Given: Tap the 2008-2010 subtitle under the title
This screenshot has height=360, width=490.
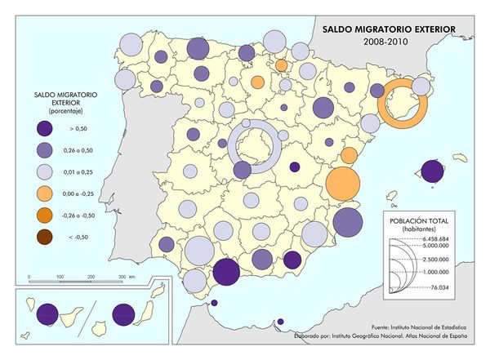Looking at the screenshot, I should coord(387,41).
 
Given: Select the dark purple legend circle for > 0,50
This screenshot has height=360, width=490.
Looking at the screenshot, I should coord(49,129).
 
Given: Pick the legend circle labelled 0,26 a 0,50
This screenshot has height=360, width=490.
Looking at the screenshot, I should coord(49,150).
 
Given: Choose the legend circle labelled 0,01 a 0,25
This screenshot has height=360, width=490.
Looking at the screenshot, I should coord(49,172).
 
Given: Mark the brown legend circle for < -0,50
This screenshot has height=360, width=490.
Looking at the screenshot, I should coord(49,238).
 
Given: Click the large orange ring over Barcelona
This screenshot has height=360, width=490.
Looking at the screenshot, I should coord(404,104).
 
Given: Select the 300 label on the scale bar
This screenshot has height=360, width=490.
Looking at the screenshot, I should coord(122,278).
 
